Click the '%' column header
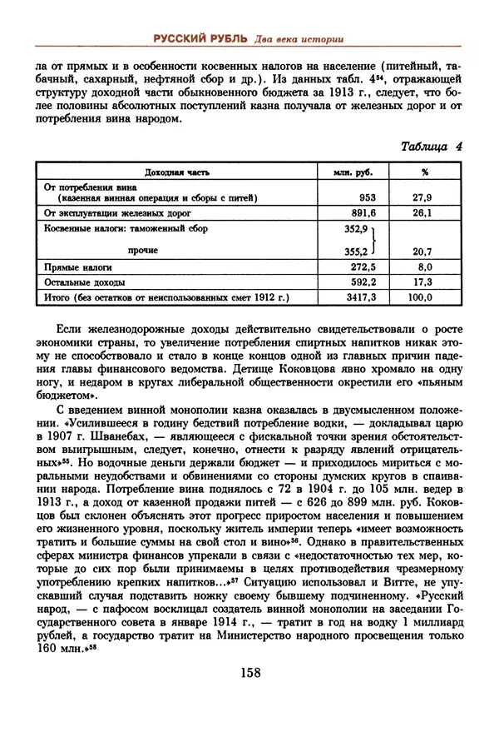424,172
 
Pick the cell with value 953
366,198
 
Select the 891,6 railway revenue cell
363,213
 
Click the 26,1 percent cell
423,213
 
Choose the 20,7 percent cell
423,250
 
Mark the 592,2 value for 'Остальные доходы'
363,282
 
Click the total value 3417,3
361,296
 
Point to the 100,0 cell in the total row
422,296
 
